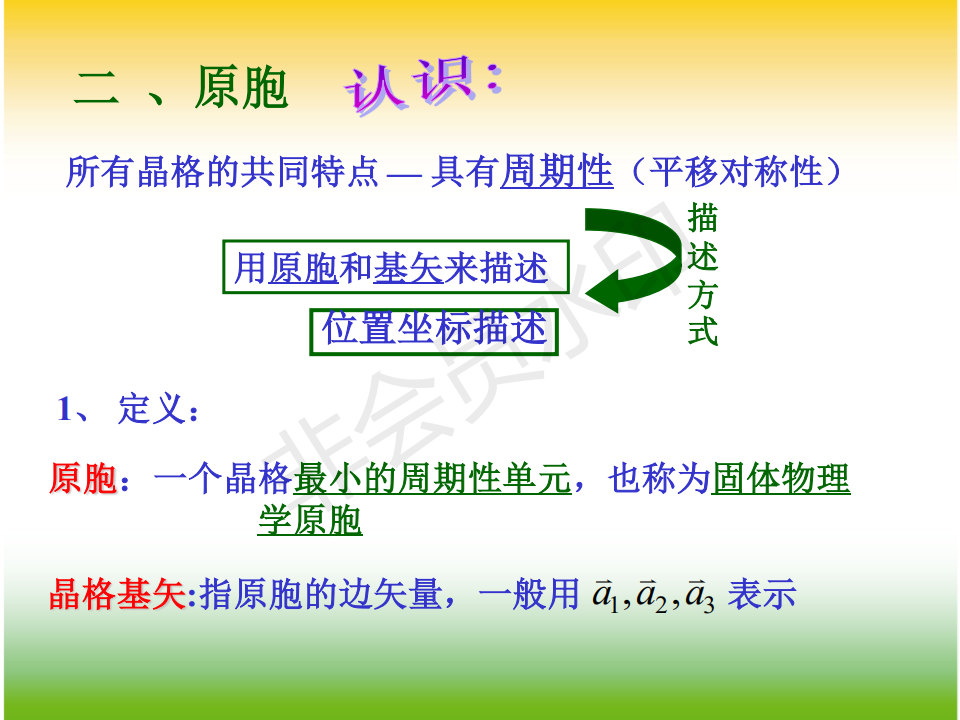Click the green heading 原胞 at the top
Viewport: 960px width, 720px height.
pyautogui.click(x=241, y=88)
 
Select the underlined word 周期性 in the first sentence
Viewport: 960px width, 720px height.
pyautogui.click(x=557, y=171)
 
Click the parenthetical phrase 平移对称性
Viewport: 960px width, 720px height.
pyautogui.click(x=736, y=171)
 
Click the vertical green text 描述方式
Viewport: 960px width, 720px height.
pyautogui.click(x=702, y=274)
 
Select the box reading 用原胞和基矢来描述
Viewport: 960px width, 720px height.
pyautogui.click(x=396, y=267)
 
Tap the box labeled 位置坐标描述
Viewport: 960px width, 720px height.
pyautogui.click(x=434, y=331)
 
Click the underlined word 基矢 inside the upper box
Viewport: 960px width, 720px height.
pyautogui.click(x=408, y=268)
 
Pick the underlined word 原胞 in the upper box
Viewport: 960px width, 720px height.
pyautogui.click(x=303, y=268)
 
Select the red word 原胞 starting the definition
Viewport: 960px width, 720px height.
pyautogui.click(x=83, y=478)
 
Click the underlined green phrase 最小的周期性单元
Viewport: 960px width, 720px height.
pyautogui.click(x=432, y=478)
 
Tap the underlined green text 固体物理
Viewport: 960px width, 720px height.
pyautogui.click(x=781, y=478)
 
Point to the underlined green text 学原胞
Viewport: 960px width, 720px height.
pyautogui.click(x=310, y=520)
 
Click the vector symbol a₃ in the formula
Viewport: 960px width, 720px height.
pyautogui.click(x=699, y=595)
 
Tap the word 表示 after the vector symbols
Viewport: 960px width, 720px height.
pyautogui.click(x=762, y=594)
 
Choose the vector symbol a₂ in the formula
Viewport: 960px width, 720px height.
pyautogui.click(x=652, y=595)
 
